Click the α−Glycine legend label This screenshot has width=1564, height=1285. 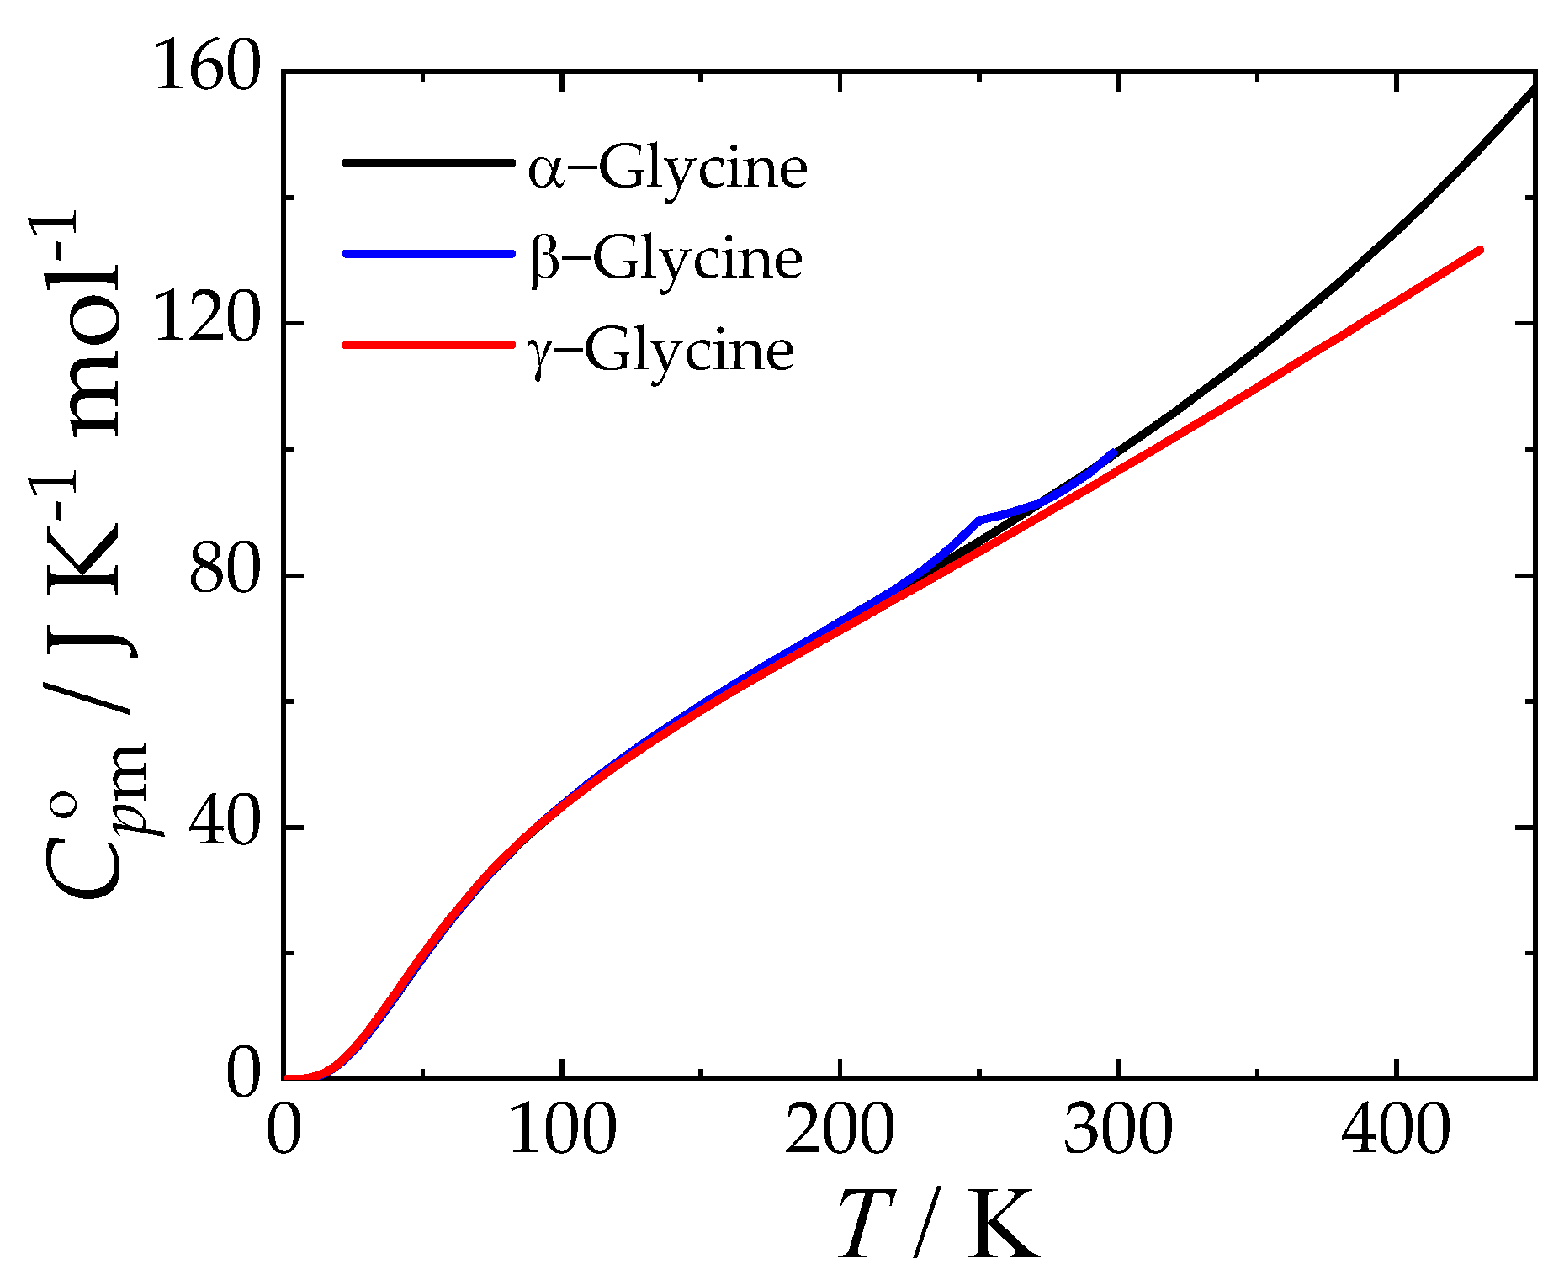[668, 170]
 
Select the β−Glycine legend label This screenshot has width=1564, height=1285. [666, 259]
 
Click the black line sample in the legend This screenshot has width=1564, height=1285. [427, 162]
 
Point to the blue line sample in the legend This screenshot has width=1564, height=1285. [427, 253]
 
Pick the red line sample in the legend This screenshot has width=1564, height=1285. [427, 344]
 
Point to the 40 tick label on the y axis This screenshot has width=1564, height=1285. [222, 826]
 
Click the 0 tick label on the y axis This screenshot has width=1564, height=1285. [244, 1078]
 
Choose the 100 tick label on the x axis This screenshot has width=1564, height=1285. [562, 1132]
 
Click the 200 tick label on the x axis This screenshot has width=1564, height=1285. [840, 1132]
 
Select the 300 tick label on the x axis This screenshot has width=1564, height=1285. [1117, 1132]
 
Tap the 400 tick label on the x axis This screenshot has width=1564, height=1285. [1396, 1132]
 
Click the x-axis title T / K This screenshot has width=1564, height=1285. [938, 1224]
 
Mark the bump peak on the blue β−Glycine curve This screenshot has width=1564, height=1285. [979, 521]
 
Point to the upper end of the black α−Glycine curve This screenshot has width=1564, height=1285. [1533, 89]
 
